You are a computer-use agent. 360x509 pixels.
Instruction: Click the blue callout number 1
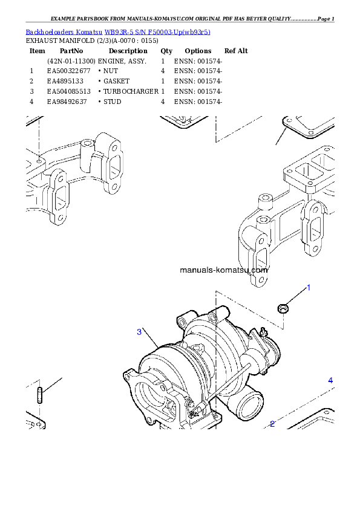308,288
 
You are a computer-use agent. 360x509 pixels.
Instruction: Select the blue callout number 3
139,331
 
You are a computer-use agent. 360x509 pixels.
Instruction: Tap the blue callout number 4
330,380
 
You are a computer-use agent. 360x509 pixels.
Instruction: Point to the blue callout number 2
272,424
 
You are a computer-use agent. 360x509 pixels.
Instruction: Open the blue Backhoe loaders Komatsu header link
118,31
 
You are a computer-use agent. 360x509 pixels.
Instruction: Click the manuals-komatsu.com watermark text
223,270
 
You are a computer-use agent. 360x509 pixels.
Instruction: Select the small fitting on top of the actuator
263,331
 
